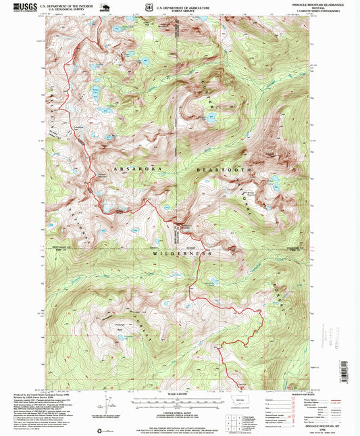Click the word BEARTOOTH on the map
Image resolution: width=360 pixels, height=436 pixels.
point(222,169)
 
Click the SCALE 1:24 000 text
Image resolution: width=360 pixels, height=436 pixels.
point(180,394)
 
